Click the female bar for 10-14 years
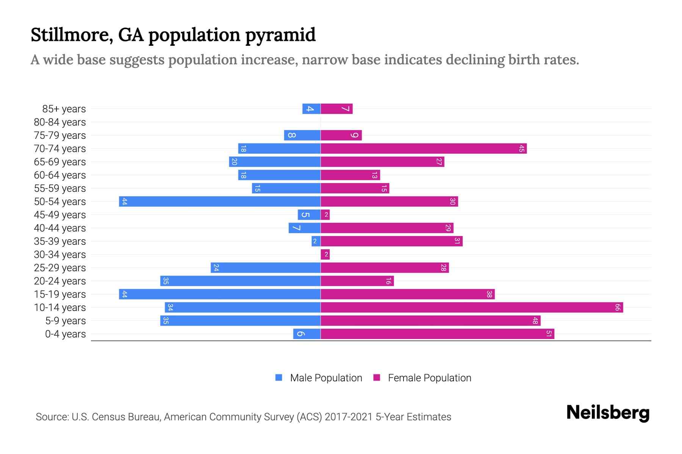click(x=472, y=308)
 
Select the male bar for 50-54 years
click(x=220, y=202)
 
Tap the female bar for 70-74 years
click(x=424, y=149)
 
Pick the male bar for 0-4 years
click(x=307, y=334)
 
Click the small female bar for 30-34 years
click(x=325, y=255)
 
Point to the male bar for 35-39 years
click(x=316, y=241)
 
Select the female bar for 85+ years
click(x=336, y=109)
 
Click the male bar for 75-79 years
click(x=302, y=135)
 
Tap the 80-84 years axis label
click(x=60, y=122)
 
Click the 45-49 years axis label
click(x=60, y=215)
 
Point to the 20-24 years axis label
click(x=60, y=281)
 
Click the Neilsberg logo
click(x=608, y=412)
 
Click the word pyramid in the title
click(x=280, y=35)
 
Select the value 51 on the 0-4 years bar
click(x=549, y=334)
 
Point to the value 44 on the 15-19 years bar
click(x=124, y=294)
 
